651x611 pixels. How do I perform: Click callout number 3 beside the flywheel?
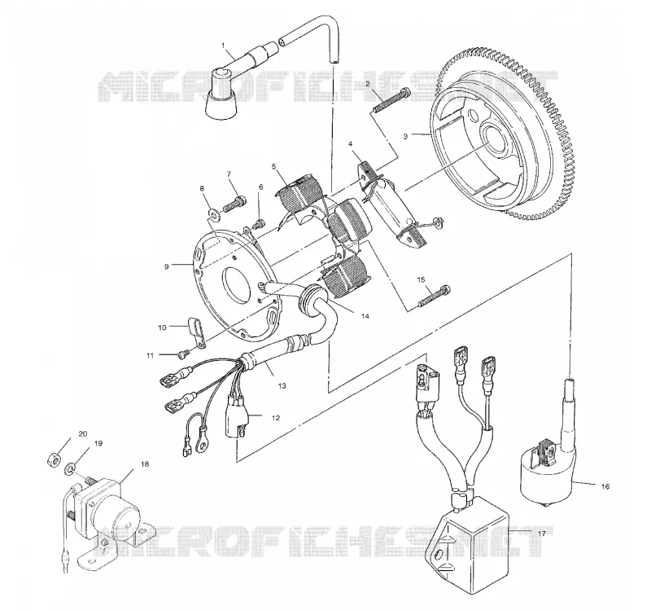coord(405,136)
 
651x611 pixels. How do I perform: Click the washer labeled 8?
coord(214,214)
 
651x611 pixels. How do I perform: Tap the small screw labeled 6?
coord(260,223)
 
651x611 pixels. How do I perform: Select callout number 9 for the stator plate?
coord(167,267)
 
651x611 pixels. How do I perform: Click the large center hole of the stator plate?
coord(236,283)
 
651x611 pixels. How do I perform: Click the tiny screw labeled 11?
coord(184,354)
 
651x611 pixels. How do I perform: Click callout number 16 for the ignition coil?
coord(605,486)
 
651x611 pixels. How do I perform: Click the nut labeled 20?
coord(54,459)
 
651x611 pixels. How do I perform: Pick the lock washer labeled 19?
coord(69,470)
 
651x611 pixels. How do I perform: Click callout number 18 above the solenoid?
coord(145,464)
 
